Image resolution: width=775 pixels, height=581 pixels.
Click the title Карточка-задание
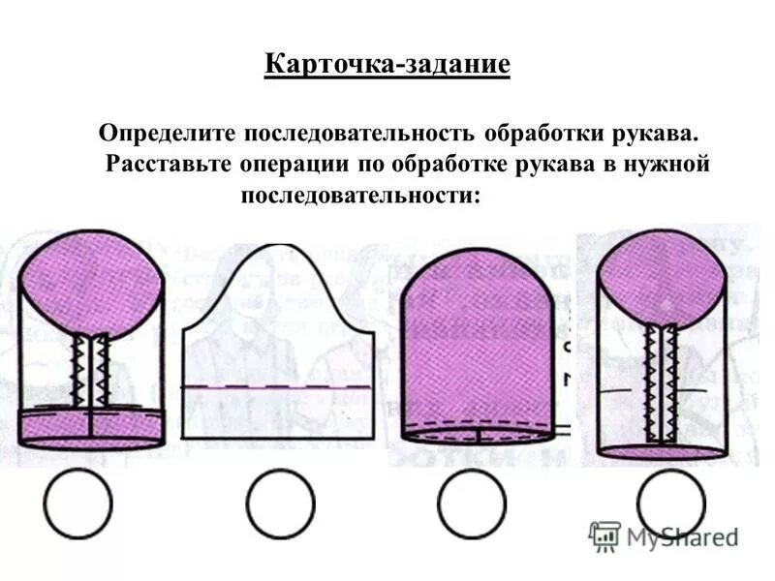387,66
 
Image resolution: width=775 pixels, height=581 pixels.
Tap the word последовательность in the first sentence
369,130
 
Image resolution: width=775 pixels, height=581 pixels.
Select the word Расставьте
167,163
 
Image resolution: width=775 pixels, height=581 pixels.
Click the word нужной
668,163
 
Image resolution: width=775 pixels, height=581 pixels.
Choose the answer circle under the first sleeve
77,504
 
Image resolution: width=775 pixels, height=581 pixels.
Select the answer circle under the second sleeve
280,504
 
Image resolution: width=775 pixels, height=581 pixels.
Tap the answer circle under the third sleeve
471,504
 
